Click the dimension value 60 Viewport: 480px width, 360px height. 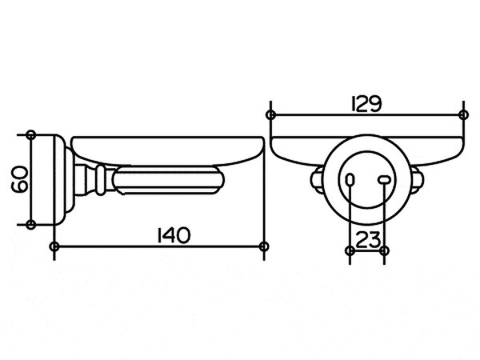[x=19, y=179]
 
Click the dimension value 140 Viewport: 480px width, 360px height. [x=174, y=235]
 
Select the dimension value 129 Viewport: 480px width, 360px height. [x=366, y=104]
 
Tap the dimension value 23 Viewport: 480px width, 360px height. [x=368, y=240]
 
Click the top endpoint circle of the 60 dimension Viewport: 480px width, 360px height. [x=31, y=135]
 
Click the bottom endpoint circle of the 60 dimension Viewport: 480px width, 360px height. [x=30, y=224]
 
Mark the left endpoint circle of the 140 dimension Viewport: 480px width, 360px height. [x=54, y=246]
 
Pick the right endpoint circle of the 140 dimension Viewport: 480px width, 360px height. [x=264, y=246]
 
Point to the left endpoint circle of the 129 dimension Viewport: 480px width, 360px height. [x=270, y=115]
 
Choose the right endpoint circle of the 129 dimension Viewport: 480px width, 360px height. [x=464, y=115]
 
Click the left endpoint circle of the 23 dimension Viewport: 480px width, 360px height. [x=350, y=251]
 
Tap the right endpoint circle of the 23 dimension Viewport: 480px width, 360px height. [x=385, y=251]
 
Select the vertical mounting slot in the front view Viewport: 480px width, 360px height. [x=350, y=180]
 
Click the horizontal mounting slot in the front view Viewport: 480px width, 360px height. [x=385, y=180]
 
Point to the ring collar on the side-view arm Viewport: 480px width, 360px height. [x=100, y=180]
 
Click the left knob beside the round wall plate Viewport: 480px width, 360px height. [x=317, y=180]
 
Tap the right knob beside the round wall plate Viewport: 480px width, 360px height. [x=417, y=180]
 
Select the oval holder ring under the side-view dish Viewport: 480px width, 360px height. [x=168, y=180]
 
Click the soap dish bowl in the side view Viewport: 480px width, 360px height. [x=167, y=151]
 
